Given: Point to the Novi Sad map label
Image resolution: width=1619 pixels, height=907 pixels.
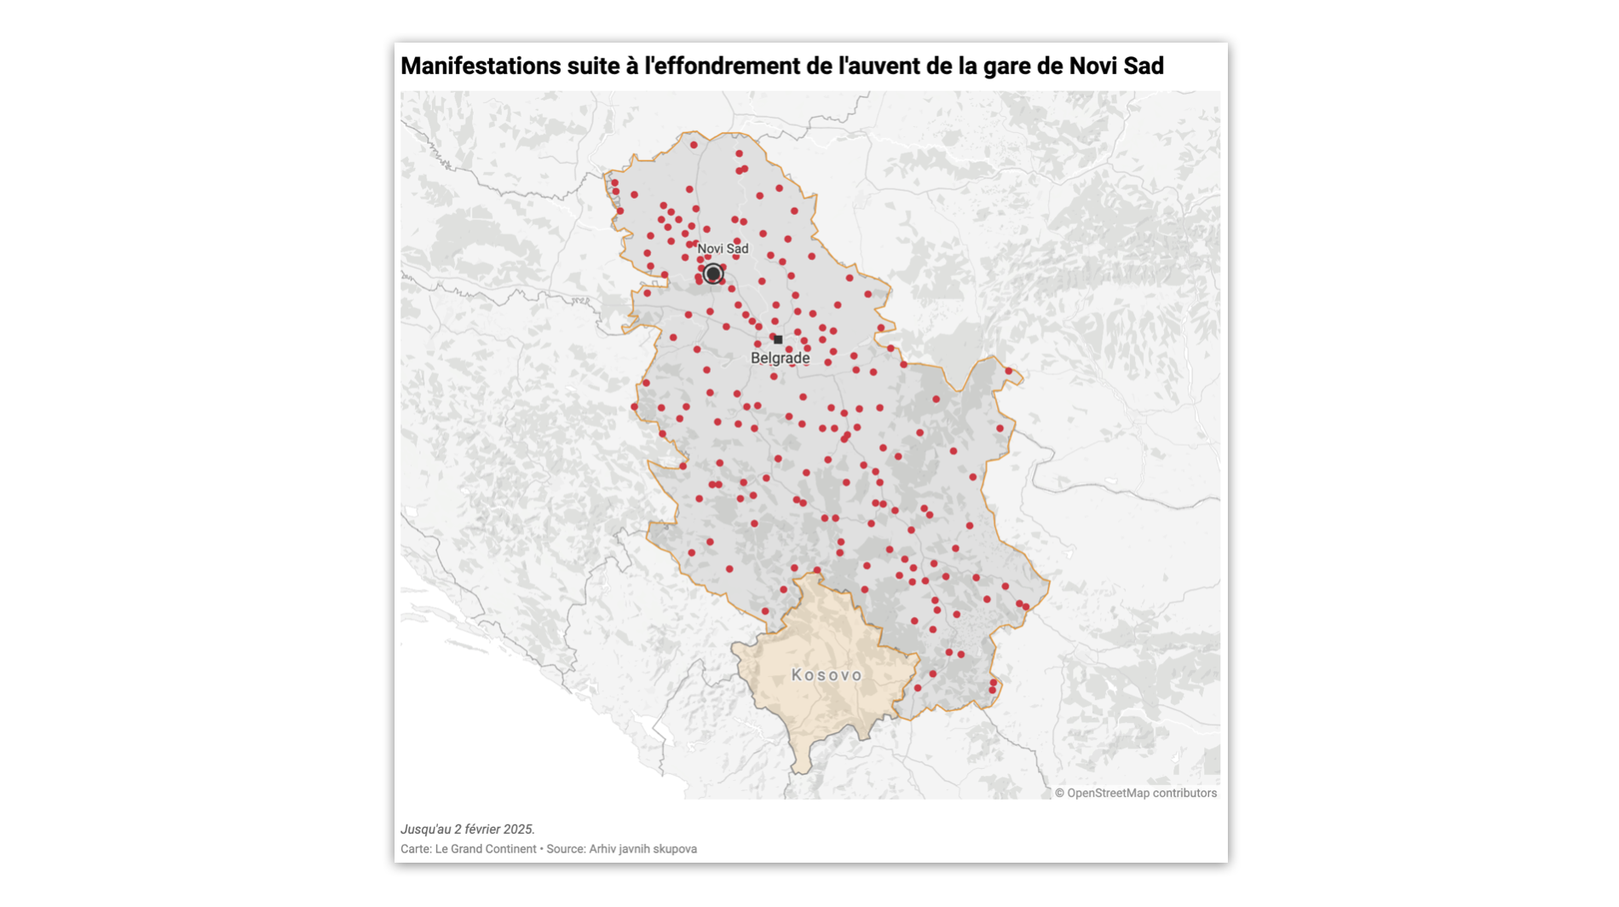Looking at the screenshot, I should (x=723, y=249).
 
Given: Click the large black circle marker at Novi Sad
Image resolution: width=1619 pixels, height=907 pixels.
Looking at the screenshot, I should (x=713, y=274).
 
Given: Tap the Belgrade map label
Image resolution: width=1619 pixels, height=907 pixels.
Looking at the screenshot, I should (x=780, y=359).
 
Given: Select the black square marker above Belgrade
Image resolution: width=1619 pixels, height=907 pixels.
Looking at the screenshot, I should (x=778, y=340).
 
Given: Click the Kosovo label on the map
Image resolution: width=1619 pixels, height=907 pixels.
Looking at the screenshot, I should (x=827, y=675).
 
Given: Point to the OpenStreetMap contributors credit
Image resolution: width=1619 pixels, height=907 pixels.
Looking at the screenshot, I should (x=1142, y=794).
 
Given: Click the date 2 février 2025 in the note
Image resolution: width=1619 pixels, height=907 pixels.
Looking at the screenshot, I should (x=493, y=829).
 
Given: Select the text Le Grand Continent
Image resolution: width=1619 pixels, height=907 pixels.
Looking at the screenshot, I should (x=486, y=849).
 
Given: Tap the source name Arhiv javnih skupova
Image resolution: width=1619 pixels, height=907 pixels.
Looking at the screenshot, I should (x=643, y=849).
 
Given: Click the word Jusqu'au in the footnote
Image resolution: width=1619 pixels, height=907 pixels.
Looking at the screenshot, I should (x=425, y=829).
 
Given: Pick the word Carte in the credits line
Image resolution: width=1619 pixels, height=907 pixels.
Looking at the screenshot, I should (x=415, y=849).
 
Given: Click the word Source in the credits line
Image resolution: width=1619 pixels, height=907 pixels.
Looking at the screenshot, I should (x=564, y=849).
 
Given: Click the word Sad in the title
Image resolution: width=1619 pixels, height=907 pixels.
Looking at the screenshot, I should (x=1144, y=66).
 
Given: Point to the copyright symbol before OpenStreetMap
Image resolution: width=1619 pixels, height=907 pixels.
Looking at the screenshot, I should (x=1060, y=794).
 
